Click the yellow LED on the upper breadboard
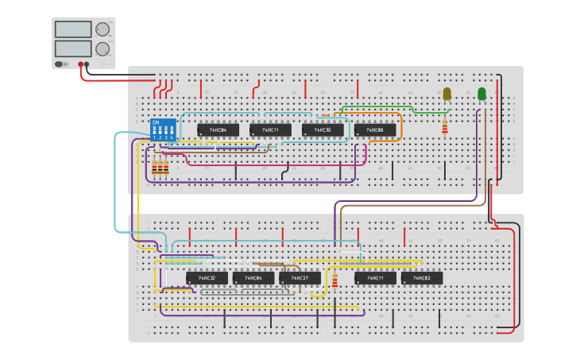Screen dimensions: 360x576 pos(446,94)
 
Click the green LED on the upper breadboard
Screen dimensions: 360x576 pos(481,94)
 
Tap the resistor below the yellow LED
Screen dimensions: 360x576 pos(444,127)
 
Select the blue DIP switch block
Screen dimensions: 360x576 pos(163,130)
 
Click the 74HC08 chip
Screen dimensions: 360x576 pos(375,130)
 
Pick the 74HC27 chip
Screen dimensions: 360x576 pos(300,278)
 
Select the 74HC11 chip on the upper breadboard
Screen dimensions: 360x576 pos(270,130)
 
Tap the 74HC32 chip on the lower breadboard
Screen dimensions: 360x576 pos(207,278)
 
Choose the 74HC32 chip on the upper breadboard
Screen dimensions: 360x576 pos(323,130)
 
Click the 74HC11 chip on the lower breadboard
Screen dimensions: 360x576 pos(375,278)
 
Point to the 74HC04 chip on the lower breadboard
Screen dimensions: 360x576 pos(253,278)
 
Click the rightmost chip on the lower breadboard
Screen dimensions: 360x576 pos(422,278)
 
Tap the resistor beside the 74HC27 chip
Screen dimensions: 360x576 pos(334,281)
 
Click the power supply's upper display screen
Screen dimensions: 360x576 pos(73,29)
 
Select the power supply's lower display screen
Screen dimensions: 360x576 pos(73,48)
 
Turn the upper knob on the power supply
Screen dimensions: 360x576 pos(102,29)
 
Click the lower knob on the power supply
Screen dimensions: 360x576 pos(102,48)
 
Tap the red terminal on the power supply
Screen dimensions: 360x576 pos(81,64)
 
